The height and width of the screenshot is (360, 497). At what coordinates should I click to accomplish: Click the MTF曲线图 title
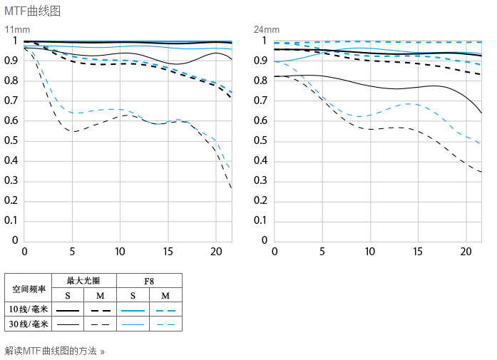point(32,11)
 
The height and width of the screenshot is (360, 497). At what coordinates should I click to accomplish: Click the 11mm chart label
point(17,29)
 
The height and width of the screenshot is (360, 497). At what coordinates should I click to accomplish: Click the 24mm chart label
point(267,29)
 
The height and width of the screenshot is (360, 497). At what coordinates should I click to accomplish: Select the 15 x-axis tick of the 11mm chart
point(168,252)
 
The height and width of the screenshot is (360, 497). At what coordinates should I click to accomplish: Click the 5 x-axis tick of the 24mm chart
point(322,252)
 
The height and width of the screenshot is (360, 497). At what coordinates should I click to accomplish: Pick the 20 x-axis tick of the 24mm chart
point(466,252)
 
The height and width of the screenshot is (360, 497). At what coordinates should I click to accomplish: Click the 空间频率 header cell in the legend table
point(29,288)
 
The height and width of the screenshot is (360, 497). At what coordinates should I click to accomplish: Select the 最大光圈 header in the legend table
point(84,281)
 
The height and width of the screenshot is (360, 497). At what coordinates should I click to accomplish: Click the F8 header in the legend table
point(149,281)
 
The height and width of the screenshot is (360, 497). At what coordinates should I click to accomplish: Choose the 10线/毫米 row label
point(29,310)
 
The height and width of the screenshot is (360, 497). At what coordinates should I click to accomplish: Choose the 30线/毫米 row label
point(29,324)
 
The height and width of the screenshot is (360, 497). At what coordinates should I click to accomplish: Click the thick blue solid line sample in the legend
point(133,311)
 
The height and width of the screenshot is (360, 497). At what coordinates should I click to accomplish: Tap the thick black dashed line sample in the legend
point(101,311)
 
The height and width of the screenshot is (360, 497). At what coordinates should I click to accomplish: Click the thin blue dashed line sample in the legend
point(165,325)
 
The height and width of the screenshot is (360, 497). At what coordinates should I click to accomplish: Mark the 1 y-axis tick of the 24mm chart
point(264,41)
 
